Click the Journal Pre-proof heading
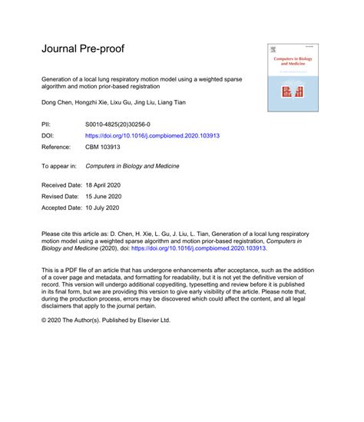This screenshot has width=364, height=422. tap(82, 49)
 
